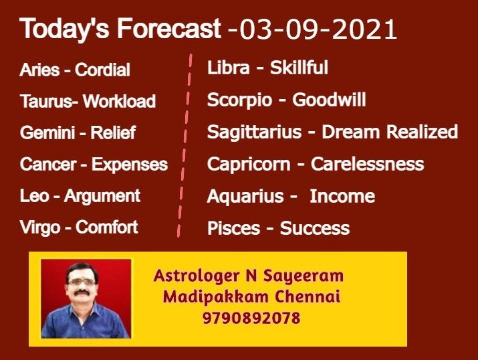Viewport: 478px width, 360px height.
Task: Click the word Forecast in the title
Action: pos(169,28)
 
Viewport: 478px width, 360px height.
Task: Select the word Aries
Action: pos(39,70)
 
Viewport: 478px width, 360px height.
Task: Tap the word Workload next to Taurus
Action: pos(119,101)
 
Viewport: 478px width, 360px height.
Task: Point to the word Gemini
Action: pos(47,132)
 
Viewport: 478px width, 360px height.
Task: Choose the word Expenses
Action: pos(130,165)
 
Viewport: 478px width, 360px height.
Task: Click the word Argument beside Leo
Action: pos(102,196)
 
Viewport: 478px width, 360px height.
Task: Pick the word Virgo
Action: pos(40,228)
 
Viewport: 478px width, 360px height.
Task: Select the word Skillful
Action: pos(299,68)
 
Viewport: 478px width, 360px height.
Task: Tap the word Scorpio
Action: pos(239,100)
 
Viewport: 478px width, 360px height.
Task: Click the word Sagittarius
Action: pos(254,132)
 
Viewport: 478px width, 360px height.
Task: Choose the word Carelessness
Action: pos(367,164)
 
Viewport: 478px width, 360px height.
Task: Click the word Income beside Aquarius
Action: pos(342,196)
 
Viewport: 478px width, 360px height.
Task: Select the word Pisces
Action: pos(233,228)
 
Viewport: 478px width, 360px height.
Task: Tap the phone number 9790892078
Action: pos(251,318)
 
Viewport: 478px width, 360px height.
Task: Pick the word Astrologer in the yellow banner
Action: pos(197,276)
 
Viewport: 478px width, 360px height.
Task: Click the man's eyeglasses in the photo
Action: pos(82,282)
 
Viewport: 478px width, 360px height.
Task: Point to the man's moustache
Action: pos(82,293)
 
